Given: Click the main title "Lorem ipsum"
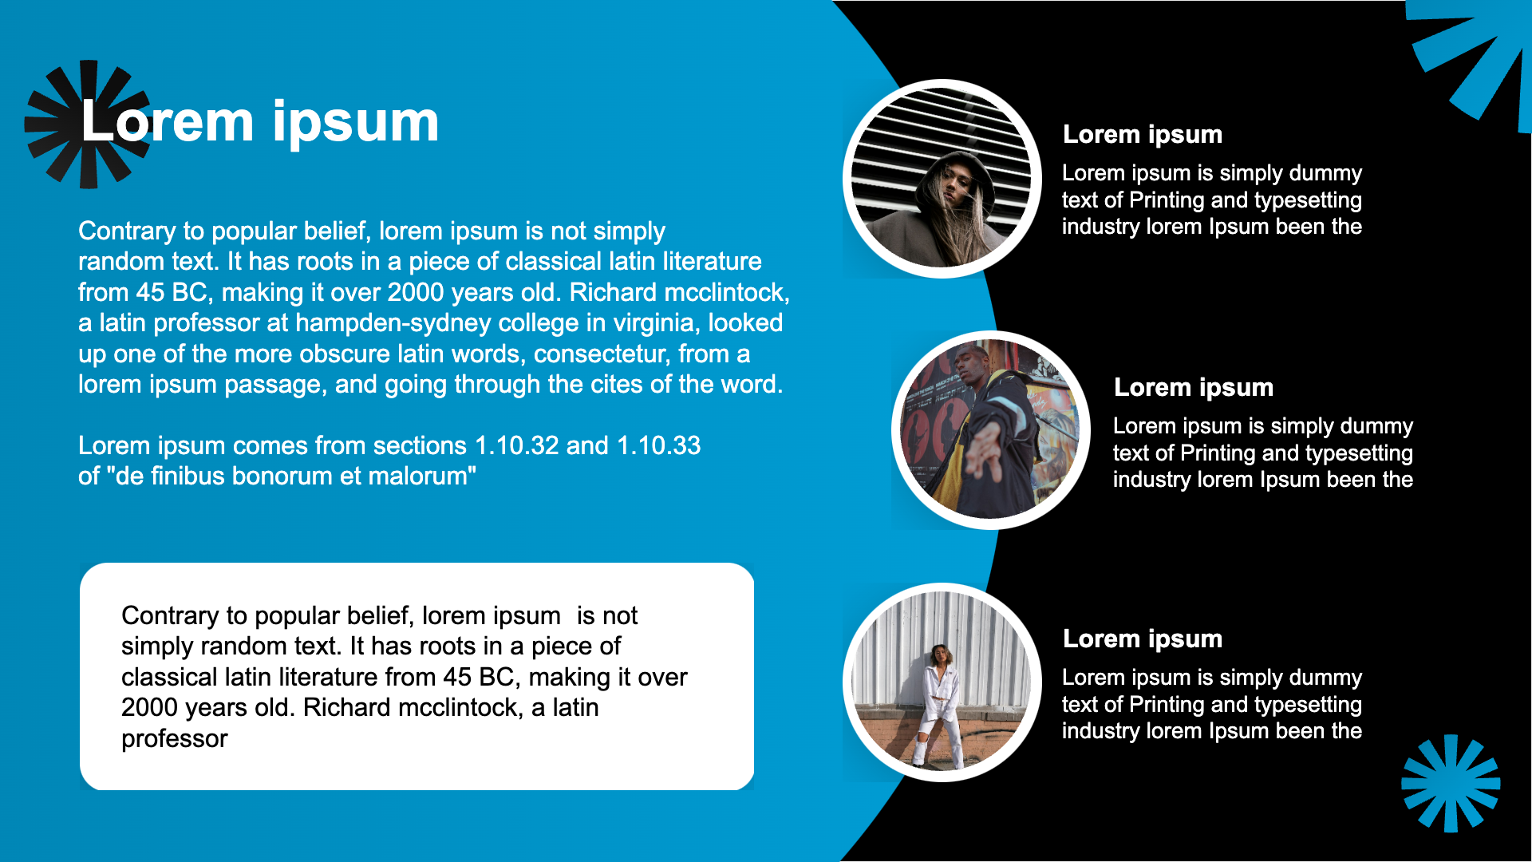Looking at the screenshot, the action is click(260, 122).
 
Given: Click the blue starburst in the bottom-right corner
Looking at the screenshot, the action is click(1451, 783).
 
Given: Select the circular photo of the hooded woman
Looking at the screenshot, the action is click(942, 179).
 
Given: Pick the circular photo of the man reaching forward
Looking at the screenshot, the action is click(991, 430).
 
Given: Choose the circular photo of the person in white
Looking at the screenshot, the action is click(942, 682).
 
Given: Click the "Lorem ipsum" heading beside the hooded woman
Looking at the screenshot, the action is click(1143, 134).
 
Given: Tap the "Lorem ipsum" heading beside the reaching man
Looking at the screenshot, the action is click(1194, 387).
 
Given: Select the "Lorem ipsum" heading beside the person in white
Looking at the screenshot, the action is click(1143, 639).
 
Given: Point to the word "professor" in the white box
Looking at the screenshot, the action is click(175, 739).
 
